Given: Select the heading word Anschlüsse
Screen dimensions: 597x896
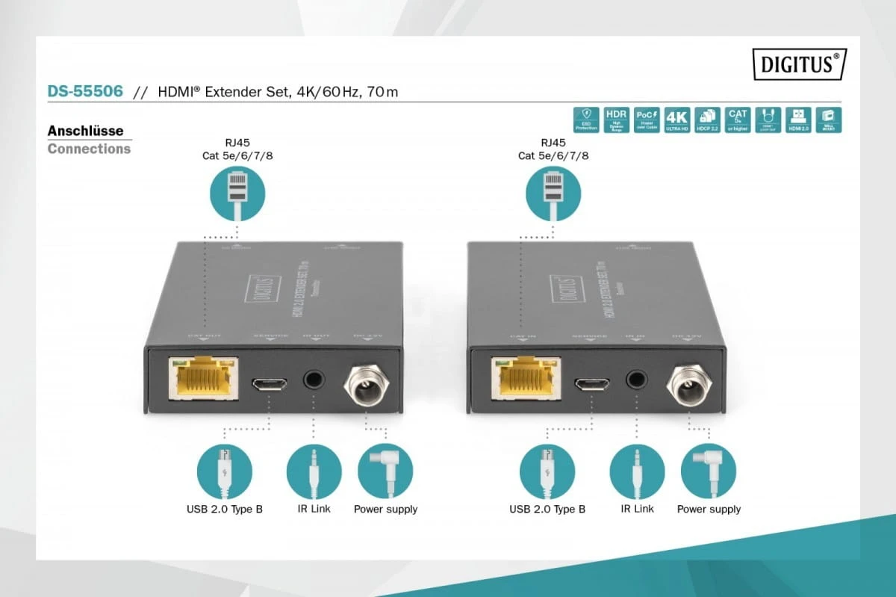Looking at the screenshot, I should pos(85,131).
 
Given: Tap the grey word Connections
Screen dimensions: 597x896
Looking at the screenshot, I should pos(89,149).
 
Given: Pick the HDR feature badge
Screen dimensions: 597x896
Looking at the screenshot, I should pos(616,120).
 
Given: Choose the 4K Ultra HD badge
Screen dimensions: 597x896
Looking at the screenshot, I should pos(676,120).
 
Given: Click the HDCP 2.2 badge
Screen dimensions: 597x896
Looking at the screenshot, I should pos(706,120).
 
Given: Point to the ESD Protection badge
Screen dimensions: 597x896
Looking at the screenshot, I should pos(586,120).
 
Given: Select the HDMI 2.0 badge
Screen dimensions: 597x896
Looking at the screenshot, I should pos(798,120).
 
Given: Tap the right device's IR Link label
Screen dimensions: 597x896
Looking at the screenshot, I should pos(637,509).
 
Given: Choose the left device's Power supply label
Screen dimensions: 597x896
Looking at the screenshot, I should pos(385,510).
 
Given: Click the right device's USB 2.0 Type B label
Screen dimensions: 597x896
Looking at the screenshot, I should pos(547,510).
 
